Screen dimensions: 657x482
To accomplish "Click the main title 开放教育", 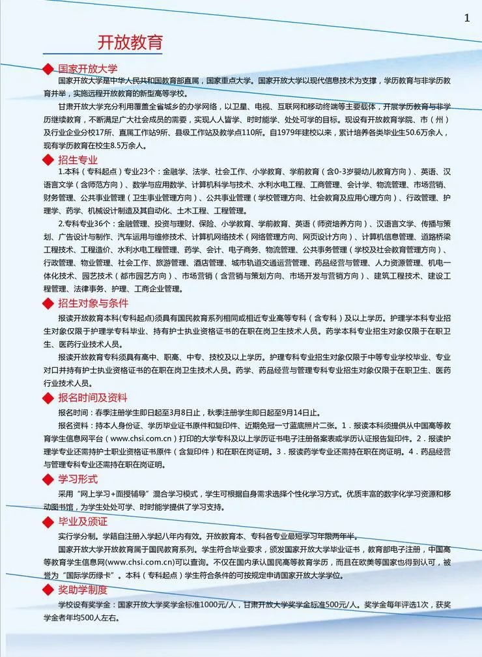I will click(130, 43).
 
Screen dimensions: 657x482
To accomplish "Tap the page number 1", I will click(466, 18).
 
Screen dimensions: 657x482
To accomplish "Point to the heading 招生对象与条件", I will click(93, 303).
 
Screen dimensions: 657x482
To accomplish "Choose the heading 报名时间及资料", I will click(92, 398).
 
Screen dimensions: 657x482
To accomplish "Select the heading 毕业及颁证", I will click(83, 522).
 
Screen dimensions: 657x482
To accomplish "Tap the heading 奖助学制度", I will click(83, 590).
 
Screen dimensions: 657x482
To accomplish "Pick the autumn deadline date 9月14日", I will click(298, 413).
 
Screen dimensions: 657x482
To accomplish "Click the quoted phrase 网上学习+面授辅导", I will click(110, 494).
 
